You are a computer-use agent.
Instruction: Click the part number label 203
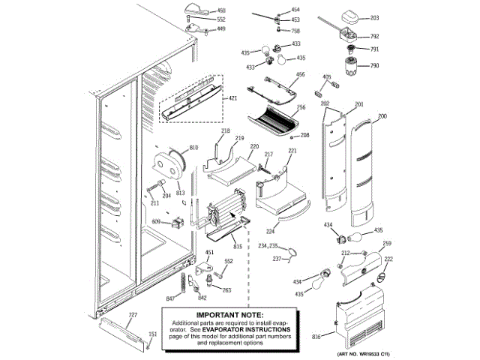click(x=375, y=17)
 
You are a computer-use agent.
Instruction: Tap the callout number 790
click(x=375, y=66)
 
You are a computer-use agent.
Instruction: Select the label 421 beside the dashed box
click(x=232, y=99)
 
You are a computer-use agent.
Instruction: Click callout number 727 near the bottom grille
click(x=133, y=314)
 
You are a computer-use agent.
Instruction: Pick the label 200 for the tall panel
click(x=382, y=116)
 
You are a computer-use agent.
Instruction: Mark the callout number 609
click(x=156, y=221)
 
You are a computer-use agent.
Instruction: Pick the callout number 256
click(x=301, y=107)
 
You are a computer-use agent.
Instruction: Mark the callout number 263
click(x=226, y=290)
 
